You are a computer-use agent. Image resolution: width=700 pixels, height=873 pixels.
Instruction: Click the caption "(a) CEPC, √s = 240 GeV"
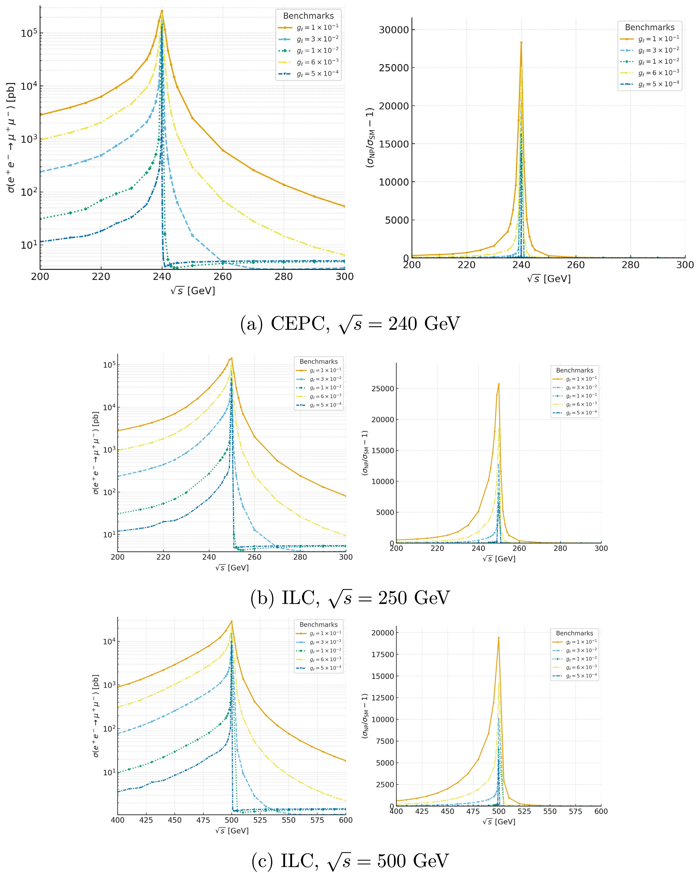coord(350,325)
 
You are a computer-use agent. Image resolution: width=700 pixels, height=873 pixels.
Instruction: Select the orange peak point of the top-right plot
coord(521,42)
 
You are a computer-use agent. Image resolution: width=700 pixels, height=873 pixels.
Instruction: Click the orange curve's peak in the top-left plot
coord(162,11)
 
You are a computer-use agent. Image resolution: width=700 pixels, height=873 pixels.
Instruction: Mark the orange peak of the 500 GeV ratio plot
coord(499,638)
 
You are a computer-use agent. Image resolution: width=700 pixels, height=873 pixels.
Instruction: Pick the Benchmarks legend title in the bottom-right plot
coord(574,633)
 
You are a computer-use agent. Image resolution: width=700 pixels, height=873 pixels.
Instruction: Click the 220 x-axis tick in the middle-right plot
coord(437,548)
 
